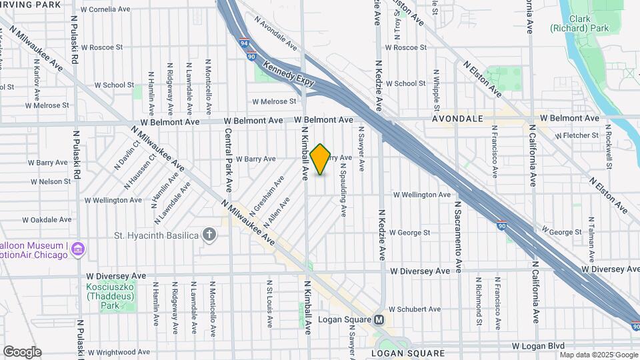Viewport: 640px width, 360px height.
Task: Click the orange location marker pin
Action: pos(320,159)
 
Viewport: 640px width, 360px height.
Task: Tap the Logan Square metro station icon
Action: pos(379,319)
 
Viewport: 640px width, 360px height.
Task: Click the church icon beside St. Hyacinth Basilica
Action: pos(209,234)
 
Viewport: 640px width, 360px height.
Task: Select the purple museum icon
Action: pos(78,249)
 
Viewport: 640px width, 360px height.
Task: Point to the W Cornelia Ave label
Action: pos(105,10)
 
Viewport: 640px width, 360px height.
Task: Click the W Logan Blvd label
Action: pos(538,346)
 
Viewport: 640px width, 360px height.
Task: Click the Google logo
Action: pos(22,352)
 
